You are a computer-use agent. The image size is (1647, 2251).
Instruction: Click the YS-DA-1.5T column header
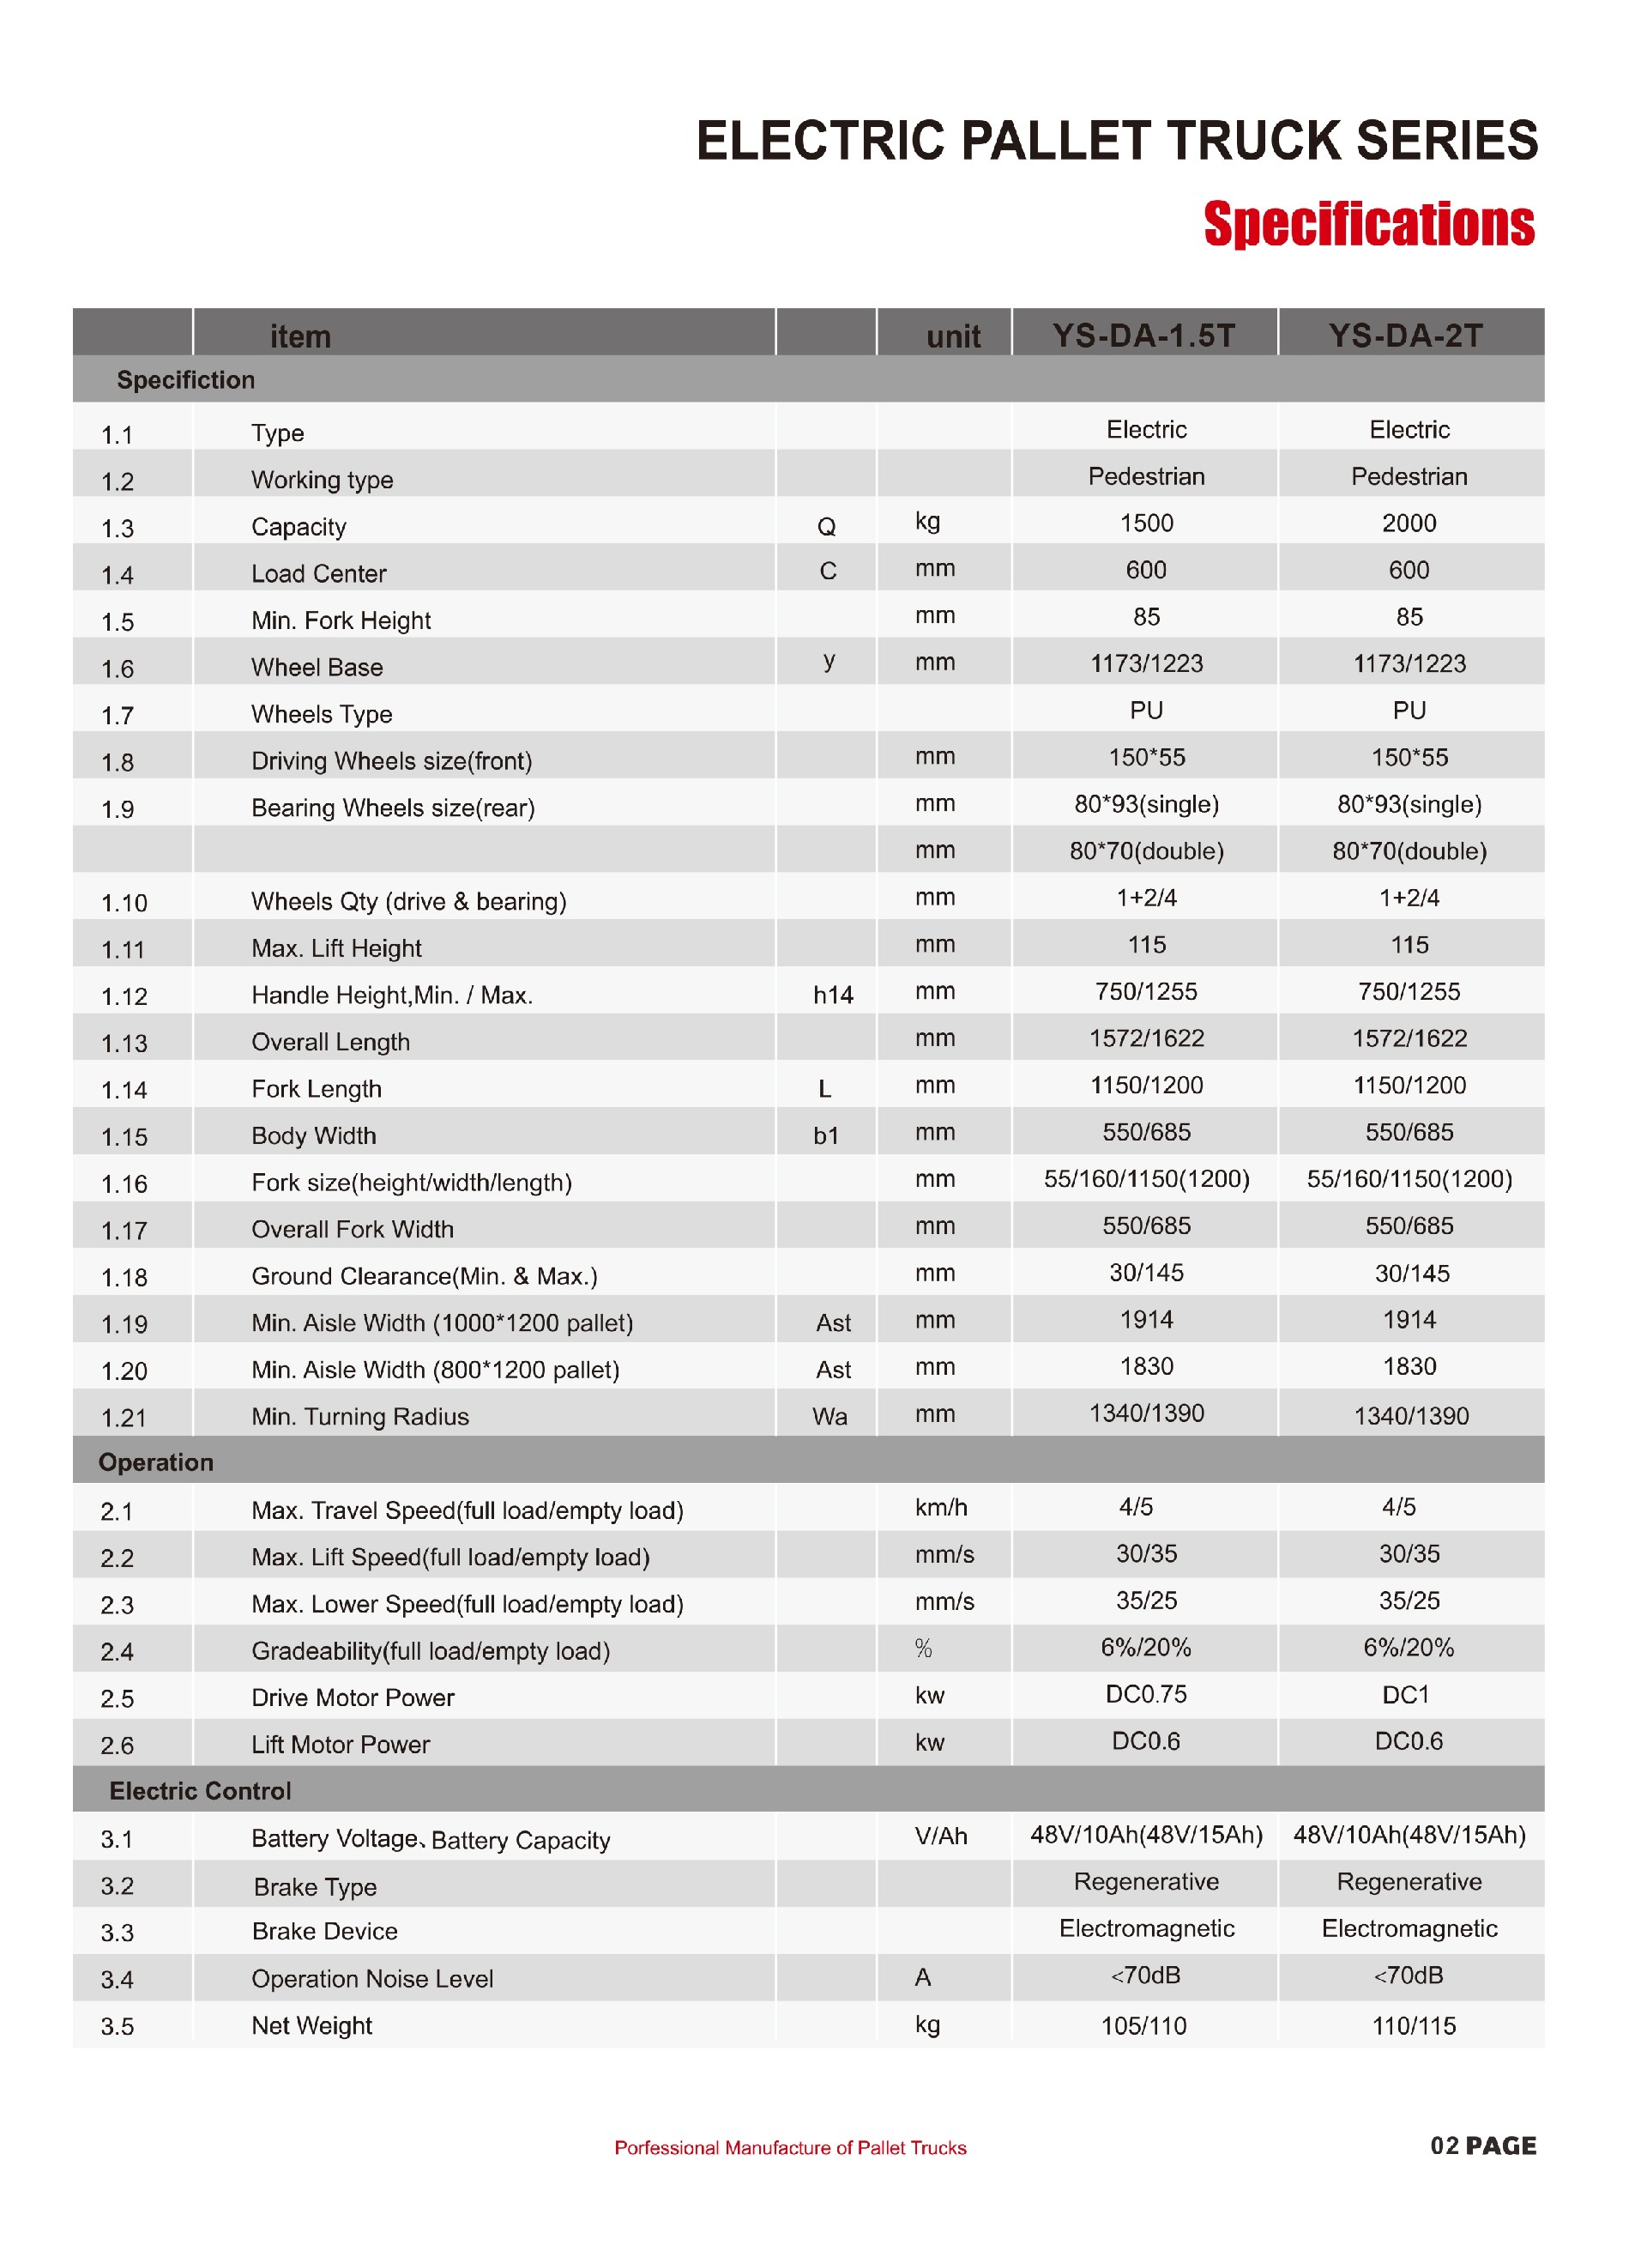(x=1143, y=335)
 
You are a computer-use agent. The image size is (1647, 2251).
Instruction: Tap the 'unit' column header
(x=952, y=337)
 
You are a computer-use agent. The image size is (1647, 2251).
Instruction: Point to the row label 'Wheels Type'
(x=321, y=714)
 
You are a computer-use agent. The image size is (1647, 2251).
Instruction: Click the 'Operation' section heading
(x=155, y=1462)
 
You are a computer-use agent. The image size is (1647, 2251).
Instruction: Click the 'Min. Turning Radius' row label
(x=360, y=1416)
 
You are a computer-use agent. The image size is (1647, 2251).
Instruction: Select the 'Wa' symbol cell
(x=830, y=1416)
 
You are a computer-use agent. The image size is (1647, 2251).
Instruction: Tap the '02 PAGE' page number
(x=1482, y=2145)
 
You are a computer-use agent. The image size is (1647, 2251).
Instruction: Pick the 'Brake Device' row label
(x=324, y=1931)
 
